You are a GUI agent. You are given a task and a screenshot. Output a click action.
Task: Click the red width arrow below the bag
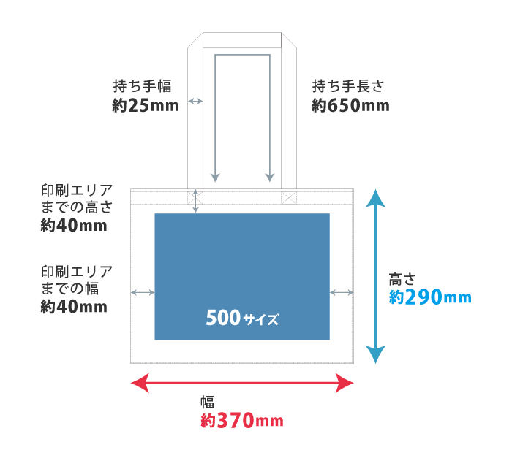pos(242,382)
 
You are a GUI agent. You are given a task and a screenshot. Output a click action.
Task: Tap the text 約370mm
pos(241,421)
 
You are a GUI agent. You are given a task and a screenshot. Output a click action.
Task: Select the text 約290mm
pos(430,297)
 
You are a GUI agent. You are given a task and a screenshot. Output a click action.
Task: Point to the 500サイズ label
pos(242,319)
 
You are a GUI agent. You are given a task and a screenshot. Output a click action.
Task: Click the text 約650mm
pos(350,106)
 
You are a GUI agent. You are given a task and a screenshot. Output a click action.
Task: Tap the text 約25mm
pos(146,106)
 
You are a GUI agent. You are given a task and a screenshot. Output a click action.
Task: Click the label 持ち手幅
pos(143,86)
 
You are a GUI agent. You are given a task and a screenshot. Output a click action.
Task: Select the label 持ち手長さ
pos(348,86)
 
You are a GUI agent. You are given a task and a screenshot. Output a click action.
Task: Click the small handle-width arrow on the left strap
pos(195,101)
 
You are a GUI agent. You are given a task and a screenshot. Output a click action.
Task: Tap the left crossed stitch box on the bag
pos(195,197)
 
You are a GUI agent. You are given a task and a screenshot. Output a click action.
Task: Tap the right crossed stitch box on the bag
pos(289,197)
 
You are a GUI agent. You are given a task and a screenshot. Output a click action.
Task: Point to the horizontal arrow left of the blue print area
pos(143,292)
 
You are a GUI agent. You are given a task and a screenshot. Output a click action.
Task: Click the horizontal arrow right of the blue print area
pos(342,292)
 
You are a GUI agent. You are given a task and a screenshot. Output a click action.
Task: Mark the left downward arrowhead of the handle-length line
pos(214,178)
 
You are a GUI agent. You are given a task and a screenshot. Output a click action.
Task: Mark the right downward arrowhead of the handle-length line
pos(270,178)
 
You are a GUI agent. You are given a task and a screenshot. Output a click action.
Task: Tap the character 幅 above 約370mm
pos(207,401)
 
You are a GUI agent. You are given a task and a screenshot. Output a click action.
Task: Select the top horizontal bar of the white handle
pos(242,39)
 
